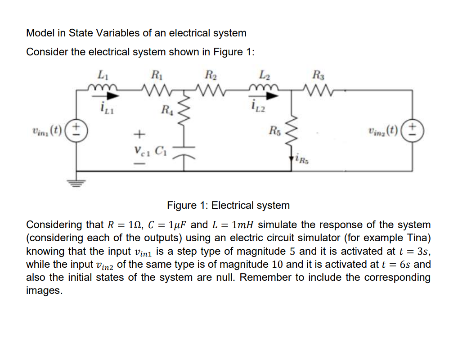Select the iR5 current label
301,158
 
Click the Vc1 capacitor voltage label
140,150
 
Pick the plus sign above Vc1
140,134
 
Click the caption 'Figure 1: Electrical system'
228,206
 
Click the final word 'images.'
44,291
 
